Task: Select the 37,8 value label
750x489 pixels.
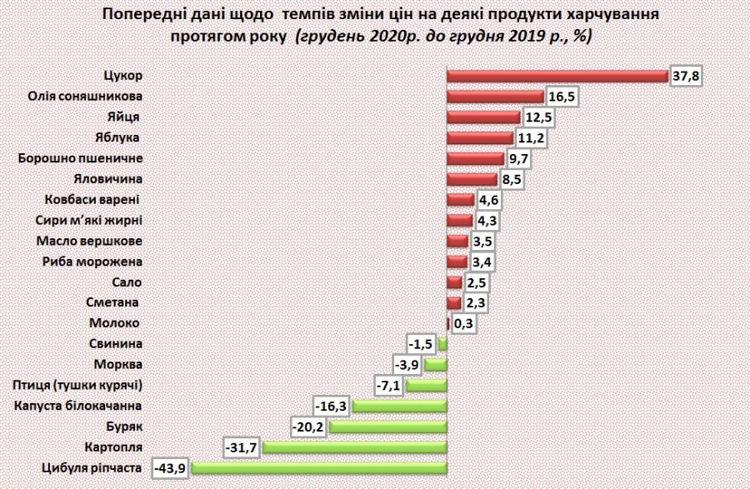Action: tap(685, 76)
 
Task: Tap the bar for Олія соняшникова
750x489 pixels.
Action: tap(495, 97)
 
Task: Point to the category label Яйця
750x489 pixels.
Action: tap(123, 117)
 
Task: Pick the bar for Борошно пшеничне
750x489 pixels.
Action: tap(476, 157)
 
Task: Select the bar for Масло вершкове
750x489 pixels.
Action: tap(457, 241)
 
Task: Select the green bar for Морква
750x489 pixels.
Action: tap(436, 364)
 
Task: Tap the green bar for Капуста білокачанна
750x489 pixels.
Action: tap(400, 406)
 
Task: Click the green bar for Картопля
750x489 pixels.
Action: tap(355, 447)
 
